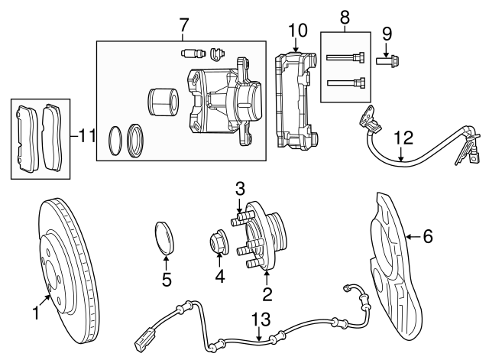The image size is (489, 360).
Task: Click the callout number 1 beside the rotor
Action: coord(35,312)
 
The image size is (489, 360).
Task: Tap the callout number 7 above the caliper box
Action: coord(183,24)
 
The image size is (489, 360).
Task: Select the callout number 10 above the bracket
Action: coord(297,31)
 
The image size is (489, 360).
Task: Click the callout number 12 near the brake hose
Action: coord(403,138)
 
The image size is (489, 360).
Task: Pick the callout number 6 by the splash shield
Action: coord(427,237)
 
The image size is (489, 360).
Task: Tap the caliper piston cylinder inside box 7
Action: coord(163,102)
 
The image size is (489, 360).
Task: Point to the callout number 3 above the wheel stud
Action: coord(239,188)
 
